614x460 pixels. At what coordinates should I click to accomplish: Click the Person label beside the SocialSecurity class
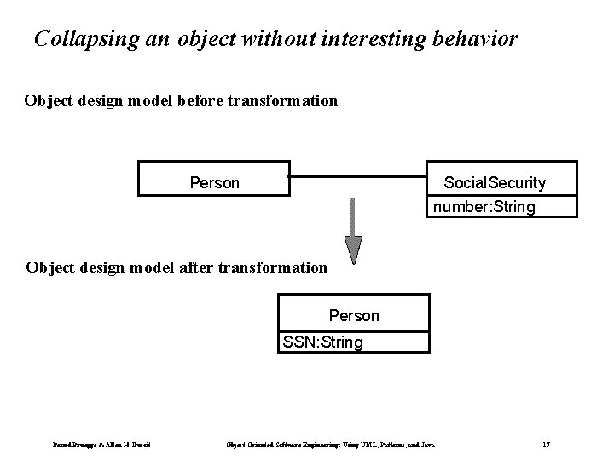[x=214, y=183]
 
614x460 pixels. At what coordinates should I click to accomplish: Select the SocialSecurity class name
[x=495, y=183]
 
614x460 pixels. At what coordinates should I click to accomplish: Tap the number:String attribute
[x=484, y=207]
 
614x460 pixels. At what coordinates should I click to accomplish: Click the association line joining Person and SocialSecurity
[x=357, y=179]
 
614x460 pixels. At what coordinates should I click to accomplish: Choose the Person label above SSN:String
[x=354, y=316]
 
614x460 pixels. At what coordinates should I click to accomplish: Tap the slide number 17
[x=547, y=444]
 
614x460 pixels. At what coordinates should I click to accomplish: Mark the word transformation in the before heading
[x=281, y=101]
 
